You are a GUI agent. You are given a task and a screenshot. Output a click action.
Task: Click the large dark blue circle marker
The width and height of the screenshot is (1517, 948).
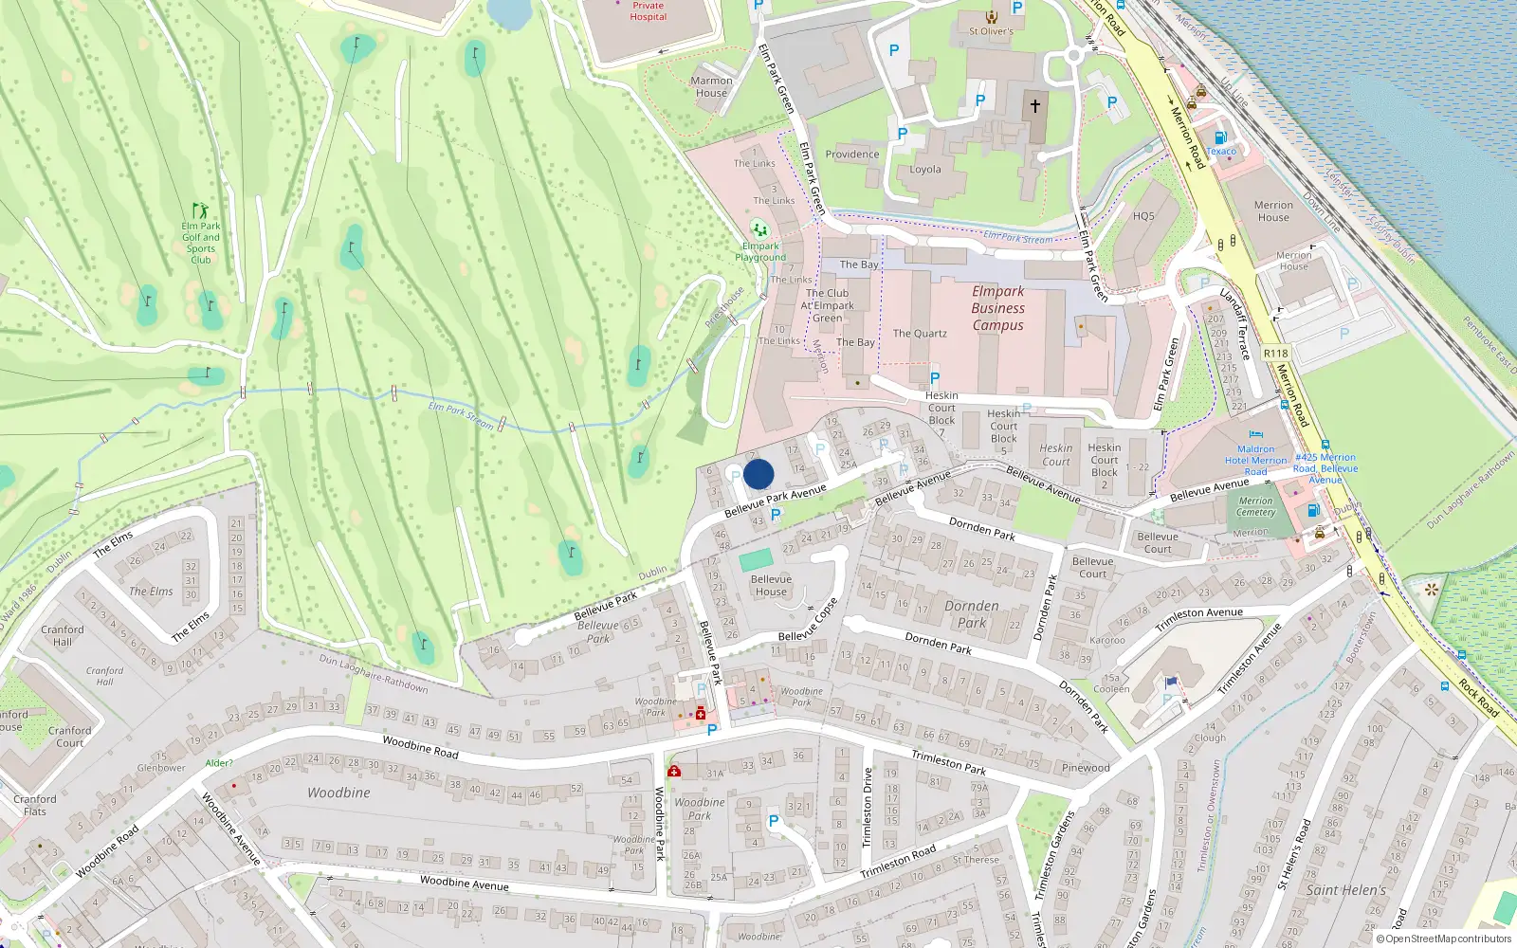coord(758,474)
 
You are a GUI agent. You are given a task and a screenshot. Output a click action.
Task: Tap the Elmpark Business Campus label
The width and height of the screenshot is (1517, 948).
coord(997,308)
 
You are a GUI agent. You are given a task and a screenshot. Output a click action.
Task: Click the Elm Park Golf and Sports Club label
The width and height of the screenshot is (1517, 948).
coord(201,243)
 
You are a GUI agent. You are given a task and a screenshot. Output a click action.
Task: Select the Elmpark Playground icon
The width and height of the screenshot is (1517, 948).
coord(758,229)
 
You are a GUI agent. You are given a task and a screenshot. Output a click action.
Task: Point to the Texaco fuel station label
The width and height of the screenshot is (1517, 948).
coord(1221,152)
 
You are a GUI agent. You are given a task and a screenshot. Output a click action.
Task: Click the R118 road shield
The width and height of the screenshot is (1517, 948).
coord(1275,354)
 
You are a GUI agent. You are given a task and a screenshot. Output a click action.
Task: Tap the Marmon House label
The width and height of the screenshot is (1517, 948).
coord(711,87)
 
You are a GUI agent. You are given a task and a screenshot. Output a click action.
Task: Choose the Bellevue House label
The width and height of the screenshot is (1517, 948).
coord(771,585)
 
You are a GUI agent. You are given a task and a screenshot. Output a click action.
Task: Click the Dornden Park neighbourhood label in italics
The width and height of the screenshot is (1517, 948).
coord(972,613)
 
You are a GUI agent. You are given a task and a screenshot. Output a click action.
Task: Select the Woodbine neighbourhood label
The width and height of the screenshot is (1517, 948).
coord(338,793)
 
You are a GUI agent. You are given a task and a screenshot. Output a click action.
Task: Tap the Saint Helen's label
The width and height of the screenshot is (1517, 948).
coord(1345,890)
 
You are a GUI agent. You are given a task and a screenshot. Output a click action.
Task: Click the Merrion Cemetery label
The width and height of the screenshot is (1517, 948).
coord(1255,506)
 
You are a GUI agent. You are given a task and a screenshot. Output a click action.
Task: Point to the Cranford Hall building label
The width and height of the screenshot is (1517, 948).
coord(63,635)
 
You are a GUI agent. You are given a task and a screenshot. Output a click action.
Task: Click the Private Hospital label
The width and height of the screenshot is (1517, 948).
coord(649,11)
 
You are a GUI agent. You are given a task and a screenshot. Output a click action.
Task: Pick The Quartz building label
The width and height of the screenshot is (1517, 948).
coord(920,334)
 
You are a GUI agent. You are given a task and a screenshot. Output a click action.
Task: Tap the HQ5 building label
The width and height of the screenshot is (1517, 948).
coord(1143,216)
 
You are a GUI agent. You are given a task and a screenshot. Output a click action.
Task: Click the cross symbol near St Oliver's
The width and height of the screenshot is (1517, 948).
coord(1035,105)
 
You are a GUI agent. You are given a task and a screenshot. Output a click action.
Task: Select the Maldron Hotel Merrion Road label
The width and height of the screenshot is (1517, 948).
coord(1255,460)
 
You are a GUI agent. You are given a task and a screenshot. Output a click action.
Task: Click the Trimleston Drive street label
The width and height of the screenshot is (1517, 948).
coord(867,808)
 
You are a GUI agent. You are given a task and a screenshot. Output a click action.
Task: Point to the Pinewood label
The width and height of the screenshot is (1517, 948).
coord(1086,768)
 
